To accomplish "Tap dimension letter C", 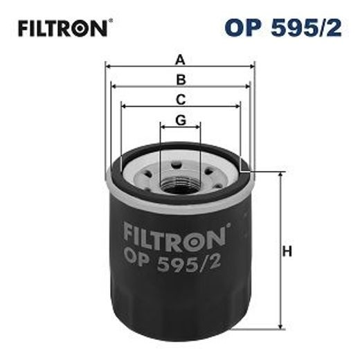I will tap(181, 98).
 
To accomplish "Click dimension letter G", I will tap(181, 119).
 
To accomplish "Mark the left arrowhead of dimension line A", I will tap(107, 67).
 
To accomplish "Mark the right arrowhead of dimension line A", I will tap(253, 67).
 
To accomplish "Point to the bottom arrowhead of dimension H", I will tap(280, 325).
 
